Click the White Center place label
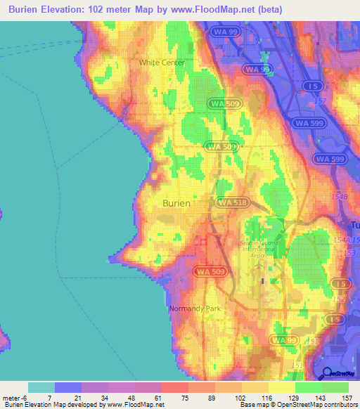pyautogui.click(x=162, y=63)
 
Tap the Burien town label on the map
pyautogui.click(x=176, y=202)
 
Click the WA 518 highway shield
pyautogui.click(x=232, y=202)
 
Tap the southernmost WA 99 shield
pyautogui.click(x=284, y=340)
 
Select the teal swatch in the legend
pyautogui.click(x=41, y=387)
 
